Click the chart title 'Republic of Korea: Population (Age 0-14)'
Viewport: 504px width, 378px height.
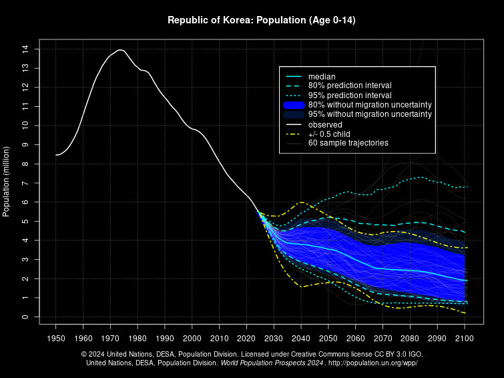tap(261, 20)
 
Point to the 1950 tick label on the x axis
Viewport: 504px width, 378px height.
tap(56, 338)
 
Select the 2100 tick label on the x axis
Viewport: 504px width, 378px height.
tap(465, 338)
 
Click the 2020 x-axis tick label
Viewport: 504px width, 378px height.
tap(247, 338)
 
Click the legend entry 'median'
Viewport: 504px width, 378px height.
tap(322, 76)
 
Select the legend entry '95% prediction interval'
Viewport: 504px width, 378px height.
tap(350, 95)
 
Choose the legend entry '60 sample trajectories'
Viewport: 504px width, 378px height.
tap(348, 143)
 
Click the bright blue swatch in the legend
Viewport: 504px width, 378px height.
tap(294, 105)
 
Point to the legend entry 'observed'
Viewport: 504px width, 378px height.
tap(325, 124)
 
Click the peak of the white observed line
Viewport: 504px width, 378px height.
tap(119, 49)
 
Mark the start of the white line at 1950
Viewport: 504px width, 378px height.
tap(56, 155)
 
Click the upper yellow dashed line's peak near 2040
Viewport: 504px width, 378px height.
tap(301, 202)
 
